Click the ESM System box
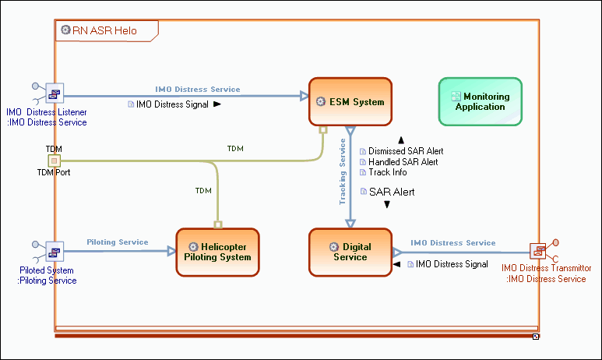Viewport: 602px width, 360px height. (x=350, y=101)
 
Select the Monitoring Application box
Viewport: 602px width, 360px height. (x=480, y=101)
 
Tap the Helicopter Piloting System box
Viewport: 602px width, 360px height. (x=217, y=252)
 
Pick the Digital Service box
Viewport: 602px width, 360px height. (x=350, y=252)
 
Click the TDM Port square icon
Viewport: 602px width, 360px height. (x=54, y=161)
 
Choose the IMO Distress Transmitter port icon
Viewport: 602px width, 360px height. (x=538, y=251)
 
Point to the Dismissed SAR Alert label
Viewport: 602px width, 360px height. (x=406, y=151)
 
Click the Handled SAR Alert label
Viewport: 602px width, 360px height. (x=403, y=162)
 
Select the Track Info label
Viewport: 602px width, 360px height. (x=388, y=172)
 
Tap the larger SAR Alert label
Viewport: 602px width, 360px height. (x=392, y=192)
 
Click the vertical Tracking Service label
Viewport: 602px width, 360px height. (x=343, y=172)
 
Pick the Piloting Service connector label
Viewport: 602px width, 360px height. (x=117, y=242)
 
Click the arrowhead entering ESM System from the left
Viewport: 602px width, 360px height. (x=304, y=96)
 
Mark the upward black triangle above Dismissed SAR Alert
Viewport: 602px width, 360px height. (x=401, y=139)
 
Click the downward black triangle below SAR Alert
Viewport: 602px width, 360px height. (x=387, y=205)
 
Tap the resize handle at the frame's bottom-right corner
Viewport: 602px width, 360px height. (x=536, y=336)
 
